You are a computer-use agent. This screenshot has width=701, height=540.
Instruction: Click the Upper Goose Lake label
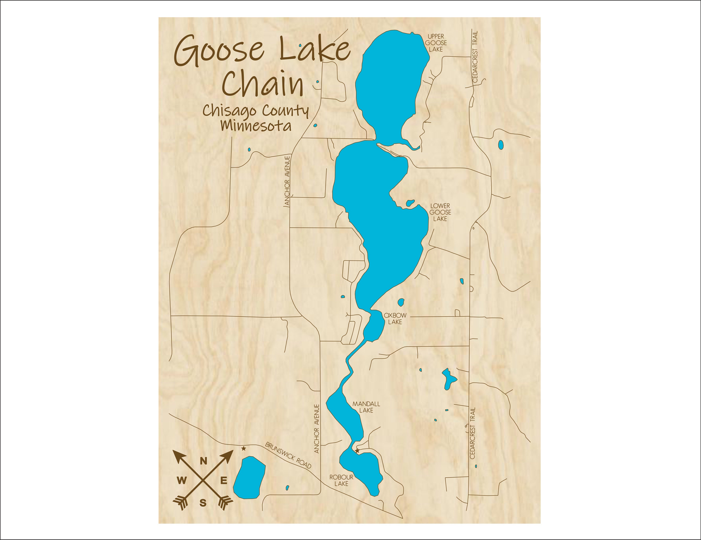pos(436,43)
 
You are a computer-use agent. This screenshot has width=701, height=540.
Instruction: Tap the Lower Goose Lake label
pos(440,212)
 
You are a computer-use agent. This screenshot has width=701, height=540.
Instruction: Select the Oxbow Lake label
pos(395,318)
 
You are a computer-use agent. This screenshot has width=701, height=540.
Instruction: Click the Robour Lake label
pos(341,480)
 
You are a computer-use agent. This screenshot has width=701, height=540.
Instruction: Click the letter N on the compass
pos(204,461)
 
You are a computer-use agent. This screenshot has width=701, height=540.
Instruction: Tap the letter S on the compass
pos(203,503)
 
